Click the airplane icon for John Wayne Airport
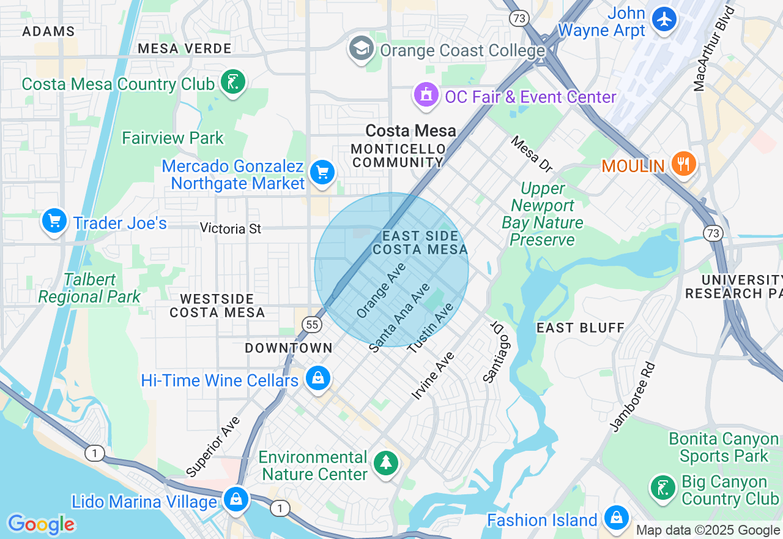pos(664,19)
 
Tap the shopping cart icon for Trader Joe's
pos(54,221)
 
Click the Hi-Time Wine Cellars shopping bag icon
pos(318,379)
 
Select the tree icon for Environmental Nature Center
pos(386,463)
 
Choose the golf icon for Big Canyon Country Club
pos(662,488)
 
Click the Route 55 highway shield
pos(312,324)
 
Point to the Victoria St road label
pos(231,228)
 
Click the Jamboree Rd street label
pos(633,396)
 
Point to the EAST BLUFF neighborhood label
pos(581,328)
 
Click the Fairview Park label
pos(173,138)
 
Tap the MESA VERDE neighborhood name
pos(184,48)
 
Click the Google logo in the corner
pos(41,524)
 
